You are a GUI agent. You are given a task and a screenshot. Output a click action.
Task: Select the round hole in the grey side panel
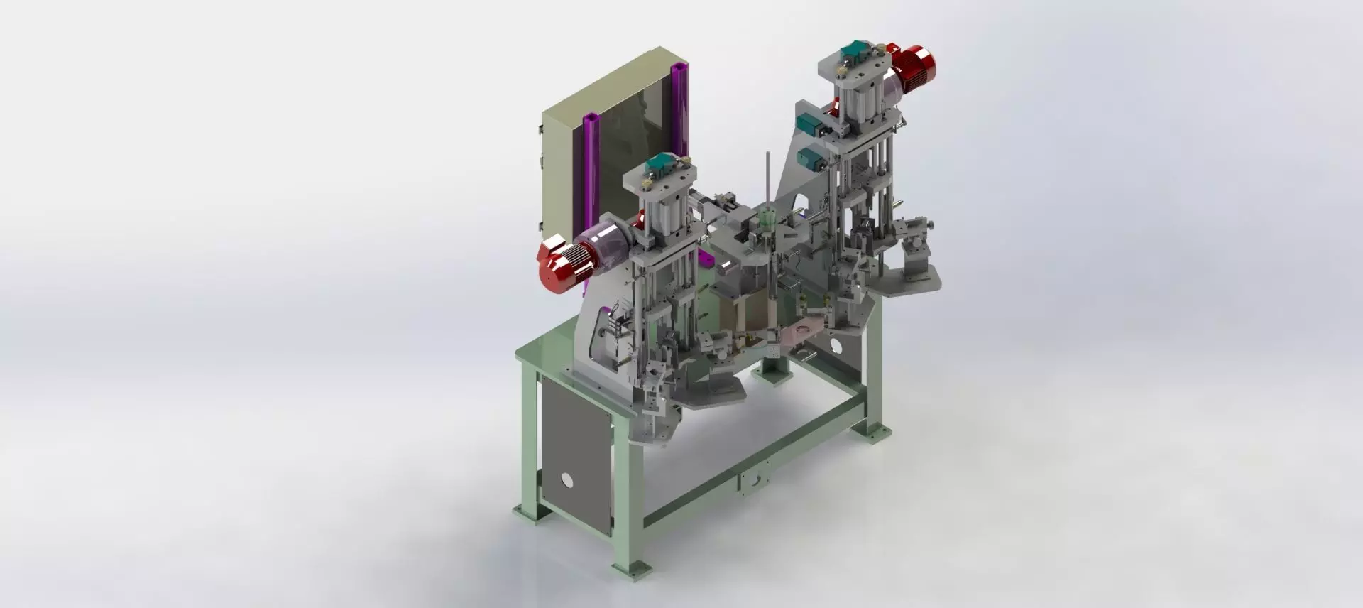[x=566, y=480]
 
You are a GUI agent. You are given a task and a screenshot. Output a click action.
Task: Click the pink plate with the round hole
[x=806, y=329]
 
